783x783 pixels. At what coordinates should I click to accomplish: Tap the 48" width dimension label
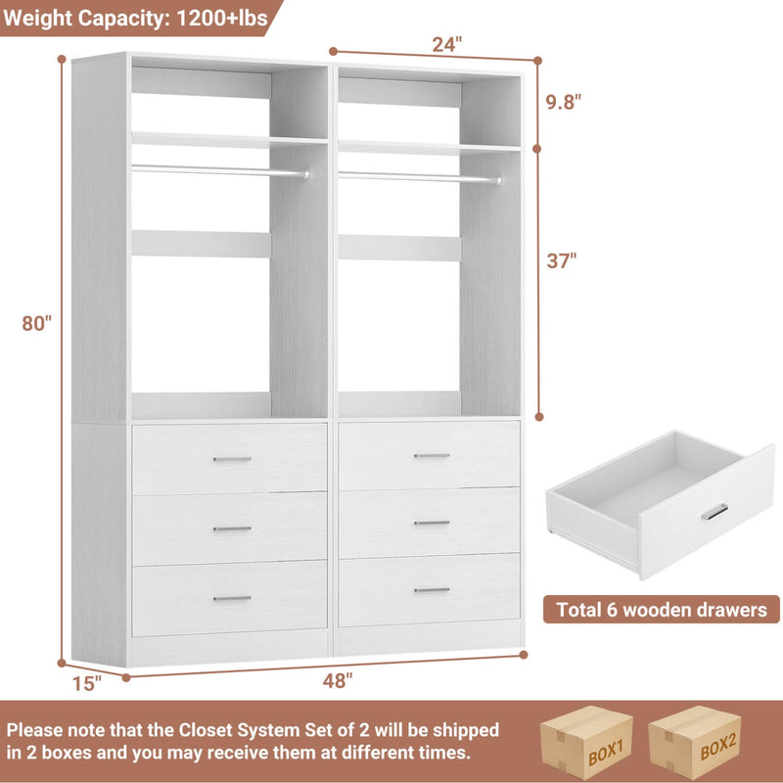coord(337,682)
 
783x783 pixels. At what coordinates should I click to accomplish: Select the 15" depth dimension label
coord(87,683)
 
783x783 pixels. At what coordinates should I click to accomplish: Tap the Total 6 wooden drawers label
coord(662,610)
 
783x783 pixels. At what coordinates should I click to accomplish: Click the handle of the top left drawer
coord(232,458)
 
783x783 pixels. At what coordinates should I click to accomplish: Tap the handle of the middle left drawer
coord(232,529)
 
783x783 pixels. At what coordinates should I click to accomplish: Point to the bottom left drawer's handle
coord(232,598)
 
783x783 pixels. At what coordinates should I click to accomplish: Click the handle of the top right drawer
coord(431,456)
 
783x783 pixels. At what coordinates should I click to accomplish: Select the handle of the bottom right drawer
coord(431,590)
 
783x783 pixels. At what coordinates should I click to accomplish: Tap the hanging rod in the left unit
coord(220,170)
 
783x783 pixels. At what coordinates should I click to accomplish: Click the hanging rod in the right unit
coord(419,177)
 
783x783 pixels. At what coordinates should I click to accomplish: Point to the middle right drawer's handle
coord(431,523)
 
